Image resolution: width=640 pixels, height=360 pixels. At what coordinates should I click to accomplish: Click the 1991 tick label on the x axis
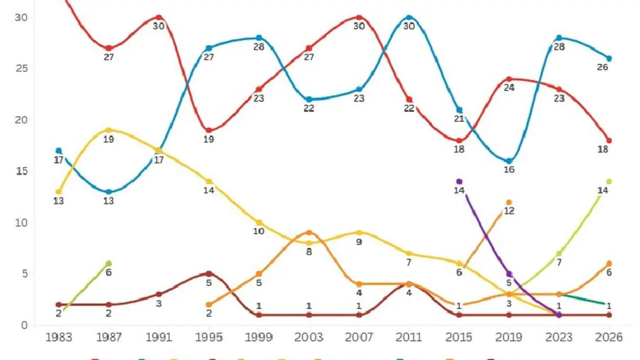pos(158,337)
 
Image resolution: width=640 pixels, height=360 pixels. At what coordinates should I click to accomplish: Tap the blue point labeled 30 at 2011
pos(409,17)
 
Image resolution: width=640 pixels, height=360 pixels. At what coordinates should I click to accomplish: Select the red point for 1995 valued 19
pos(208,130)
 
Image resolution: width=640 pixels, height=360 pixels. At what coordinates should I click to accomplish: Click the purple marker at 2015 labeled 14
pos(459,181)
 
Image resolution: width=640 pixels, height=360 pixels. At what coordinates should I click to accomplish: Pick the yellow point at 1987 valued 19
pos(108,130)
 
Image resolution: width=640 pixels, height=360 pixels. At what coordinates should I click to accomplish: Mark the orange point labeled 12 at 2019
pos(509,202)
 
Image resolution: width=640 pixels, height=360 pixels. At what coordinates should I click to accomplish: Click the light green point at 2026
pos(609,181)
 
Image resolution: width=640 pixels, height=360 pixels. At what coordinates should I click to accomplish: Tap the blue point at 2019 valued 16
pos(509,161)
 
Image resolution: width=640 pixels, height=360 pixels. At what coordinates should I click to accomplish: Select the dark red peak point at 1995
pos(208,273)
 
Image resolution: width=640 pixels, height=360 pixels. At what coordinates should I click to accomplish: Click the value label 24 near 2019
pos(509,88)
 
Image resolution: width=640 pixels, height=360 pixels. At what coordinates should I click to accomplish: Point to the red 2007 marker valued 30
pos(359,17)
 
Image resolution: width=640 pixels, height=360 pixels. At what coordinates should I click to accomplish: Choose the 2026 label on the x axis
pos(608,337)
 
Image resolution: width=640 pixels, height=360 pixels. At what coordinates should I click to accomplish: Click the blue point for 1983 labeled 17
pos(58,150)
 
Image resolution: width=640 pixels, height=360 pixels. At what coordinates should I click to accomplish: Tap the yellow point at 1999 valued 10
pos(258,222)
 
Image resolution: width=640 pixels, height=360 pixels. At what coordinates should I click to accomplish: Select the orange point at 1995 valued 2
pos(208,304)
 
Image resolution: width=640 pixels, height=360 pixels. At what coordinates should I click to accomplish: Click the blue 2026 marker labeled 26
pos(609,58)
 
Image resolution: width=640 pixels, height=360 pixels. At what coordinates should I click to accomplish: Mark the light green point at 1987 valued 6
pos(108,263)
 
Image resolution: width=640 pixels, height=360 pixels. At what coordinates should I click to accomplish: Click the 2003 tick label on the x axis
pos(308,337)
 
